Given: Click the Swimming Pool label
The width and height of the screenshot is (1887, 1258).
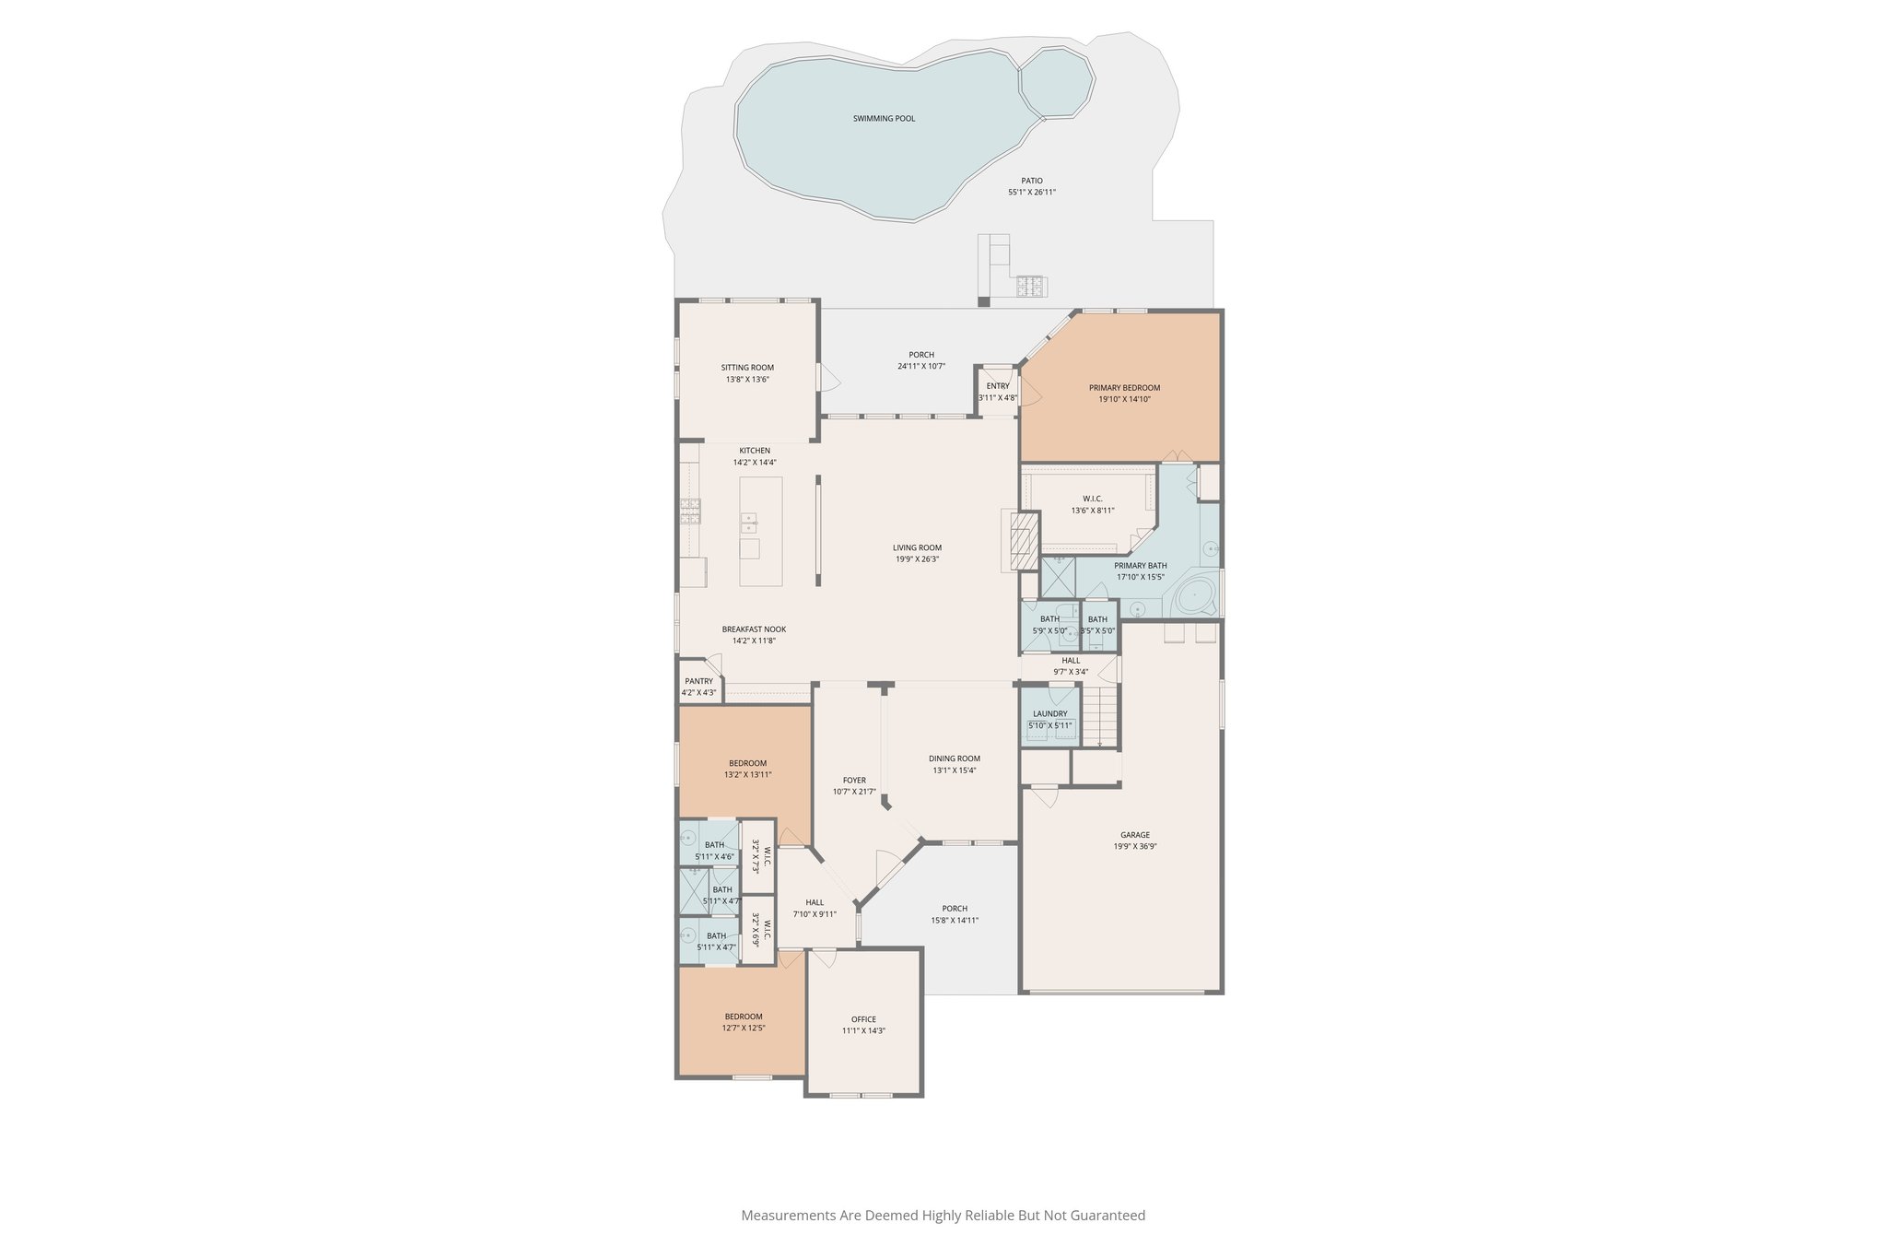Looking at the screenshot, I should [884, 119].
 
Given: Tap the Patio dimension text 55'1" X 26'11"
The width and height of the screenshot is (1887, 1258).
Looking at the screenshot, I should [1031, 193].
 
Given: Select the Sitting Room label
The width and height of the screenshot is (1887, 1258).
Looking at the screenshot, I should [747, 368].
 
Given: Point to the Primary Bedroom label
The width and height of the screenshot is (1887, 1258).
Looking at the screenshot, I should [1124, 388].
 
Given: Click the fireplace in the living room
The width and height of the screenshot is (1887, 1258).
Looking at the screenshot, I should [1021, 541].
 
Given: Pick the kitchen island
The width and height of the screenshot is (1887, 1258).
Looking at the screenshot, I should [761, 531].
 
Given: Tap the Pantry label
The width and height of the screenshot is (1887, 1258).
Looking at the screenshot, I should [698, 681].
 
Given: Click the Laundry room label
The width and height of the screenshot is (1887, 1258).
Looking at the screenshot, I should [1049, 713].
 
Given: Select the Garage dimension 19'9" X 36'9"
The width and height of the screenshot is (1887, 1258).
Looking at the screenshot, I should [1134, 846].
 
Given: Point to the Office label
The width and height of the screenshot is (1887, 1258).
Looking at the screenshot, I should [863, 1019].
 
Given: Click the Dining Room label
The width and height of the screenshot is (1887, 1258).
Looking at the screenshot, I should [954, 758].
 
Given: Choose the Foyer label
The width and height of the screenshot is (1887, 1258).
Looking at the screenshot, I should [854, 781].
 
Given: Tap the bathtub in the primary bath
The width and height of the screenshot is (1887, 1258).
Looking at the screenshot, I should [1195, 595].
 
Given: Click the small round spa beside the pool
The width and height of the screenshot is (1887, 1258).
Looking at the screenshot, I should [1057, 82].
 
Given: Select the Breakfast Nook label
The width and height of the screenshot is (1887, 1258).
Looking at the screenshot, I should [754, 629].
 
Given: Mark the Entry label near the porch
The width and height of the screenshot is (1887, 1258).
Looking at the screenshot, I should [997, 386].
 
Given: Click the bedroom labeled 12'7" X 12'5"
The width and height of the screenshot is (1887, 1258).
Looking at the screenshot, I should [743, 1022].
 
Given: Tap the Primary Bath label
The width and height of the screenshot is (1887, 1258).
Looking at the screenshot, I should [1140, 566].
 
